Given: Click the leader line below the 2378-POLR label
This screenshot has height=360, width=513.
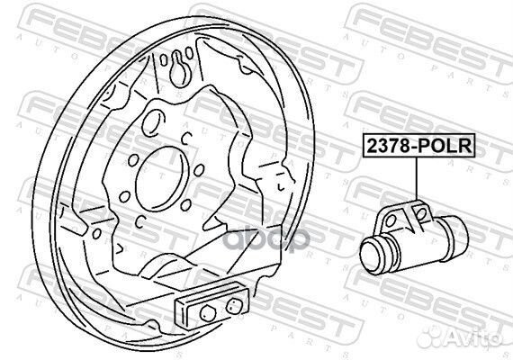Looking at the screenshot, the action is (417, 178).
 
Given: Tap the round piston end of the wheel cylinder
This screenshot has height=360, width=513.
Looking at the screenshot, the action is (372, 256).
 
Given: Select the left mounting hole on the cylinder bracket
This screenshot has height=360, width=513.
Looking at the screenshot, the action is (391, 220).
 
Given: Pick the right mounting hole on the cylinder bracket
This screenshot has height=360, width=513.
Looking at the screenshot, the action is (421, 213).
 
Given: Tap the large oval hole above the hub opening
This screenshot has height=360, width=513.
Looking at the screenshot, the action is (153, 122).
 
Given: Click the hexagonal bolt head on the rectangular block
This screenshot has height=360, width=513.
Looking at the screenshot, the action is (207, 313).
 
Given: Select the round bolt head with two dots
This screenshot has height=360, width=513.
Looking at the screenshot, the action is (232, 306).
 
